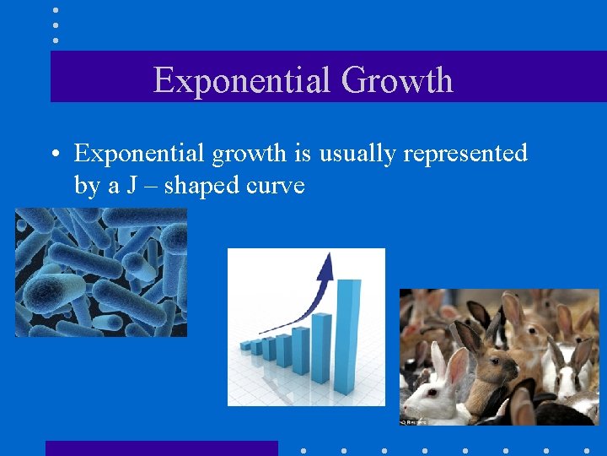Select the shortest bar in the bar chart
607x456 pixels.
(x=246, y=345)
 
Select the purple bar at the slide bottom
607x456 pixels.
(x=161, y=448)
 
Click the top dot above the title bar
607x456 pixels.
(x=56, y=10)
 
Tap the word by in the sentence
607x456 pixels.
(x=87, y=186)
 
